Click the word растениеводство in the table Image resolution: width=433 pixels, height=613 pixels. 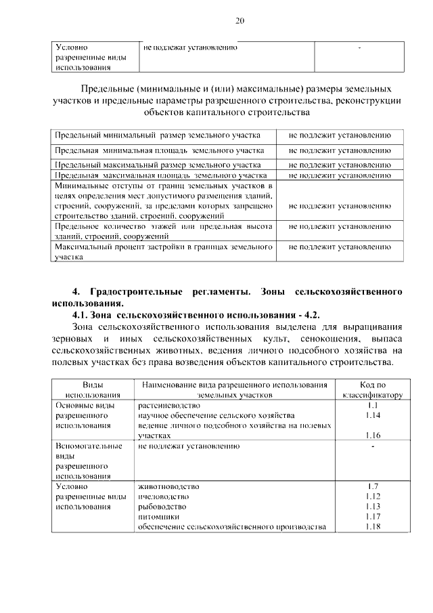click(x=168, y=404)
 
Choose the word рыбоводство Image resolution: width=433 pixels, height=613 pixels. click(x=162, y=507)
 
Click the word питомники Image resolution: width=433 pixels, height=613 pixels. click(x=158, y=517)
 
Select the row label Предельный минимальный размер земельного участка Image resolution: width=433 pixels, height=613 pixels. click(x=157, y=135)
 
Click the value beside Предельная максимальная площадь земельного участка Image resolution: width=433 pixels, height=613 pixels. click(x=340, y=174)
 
